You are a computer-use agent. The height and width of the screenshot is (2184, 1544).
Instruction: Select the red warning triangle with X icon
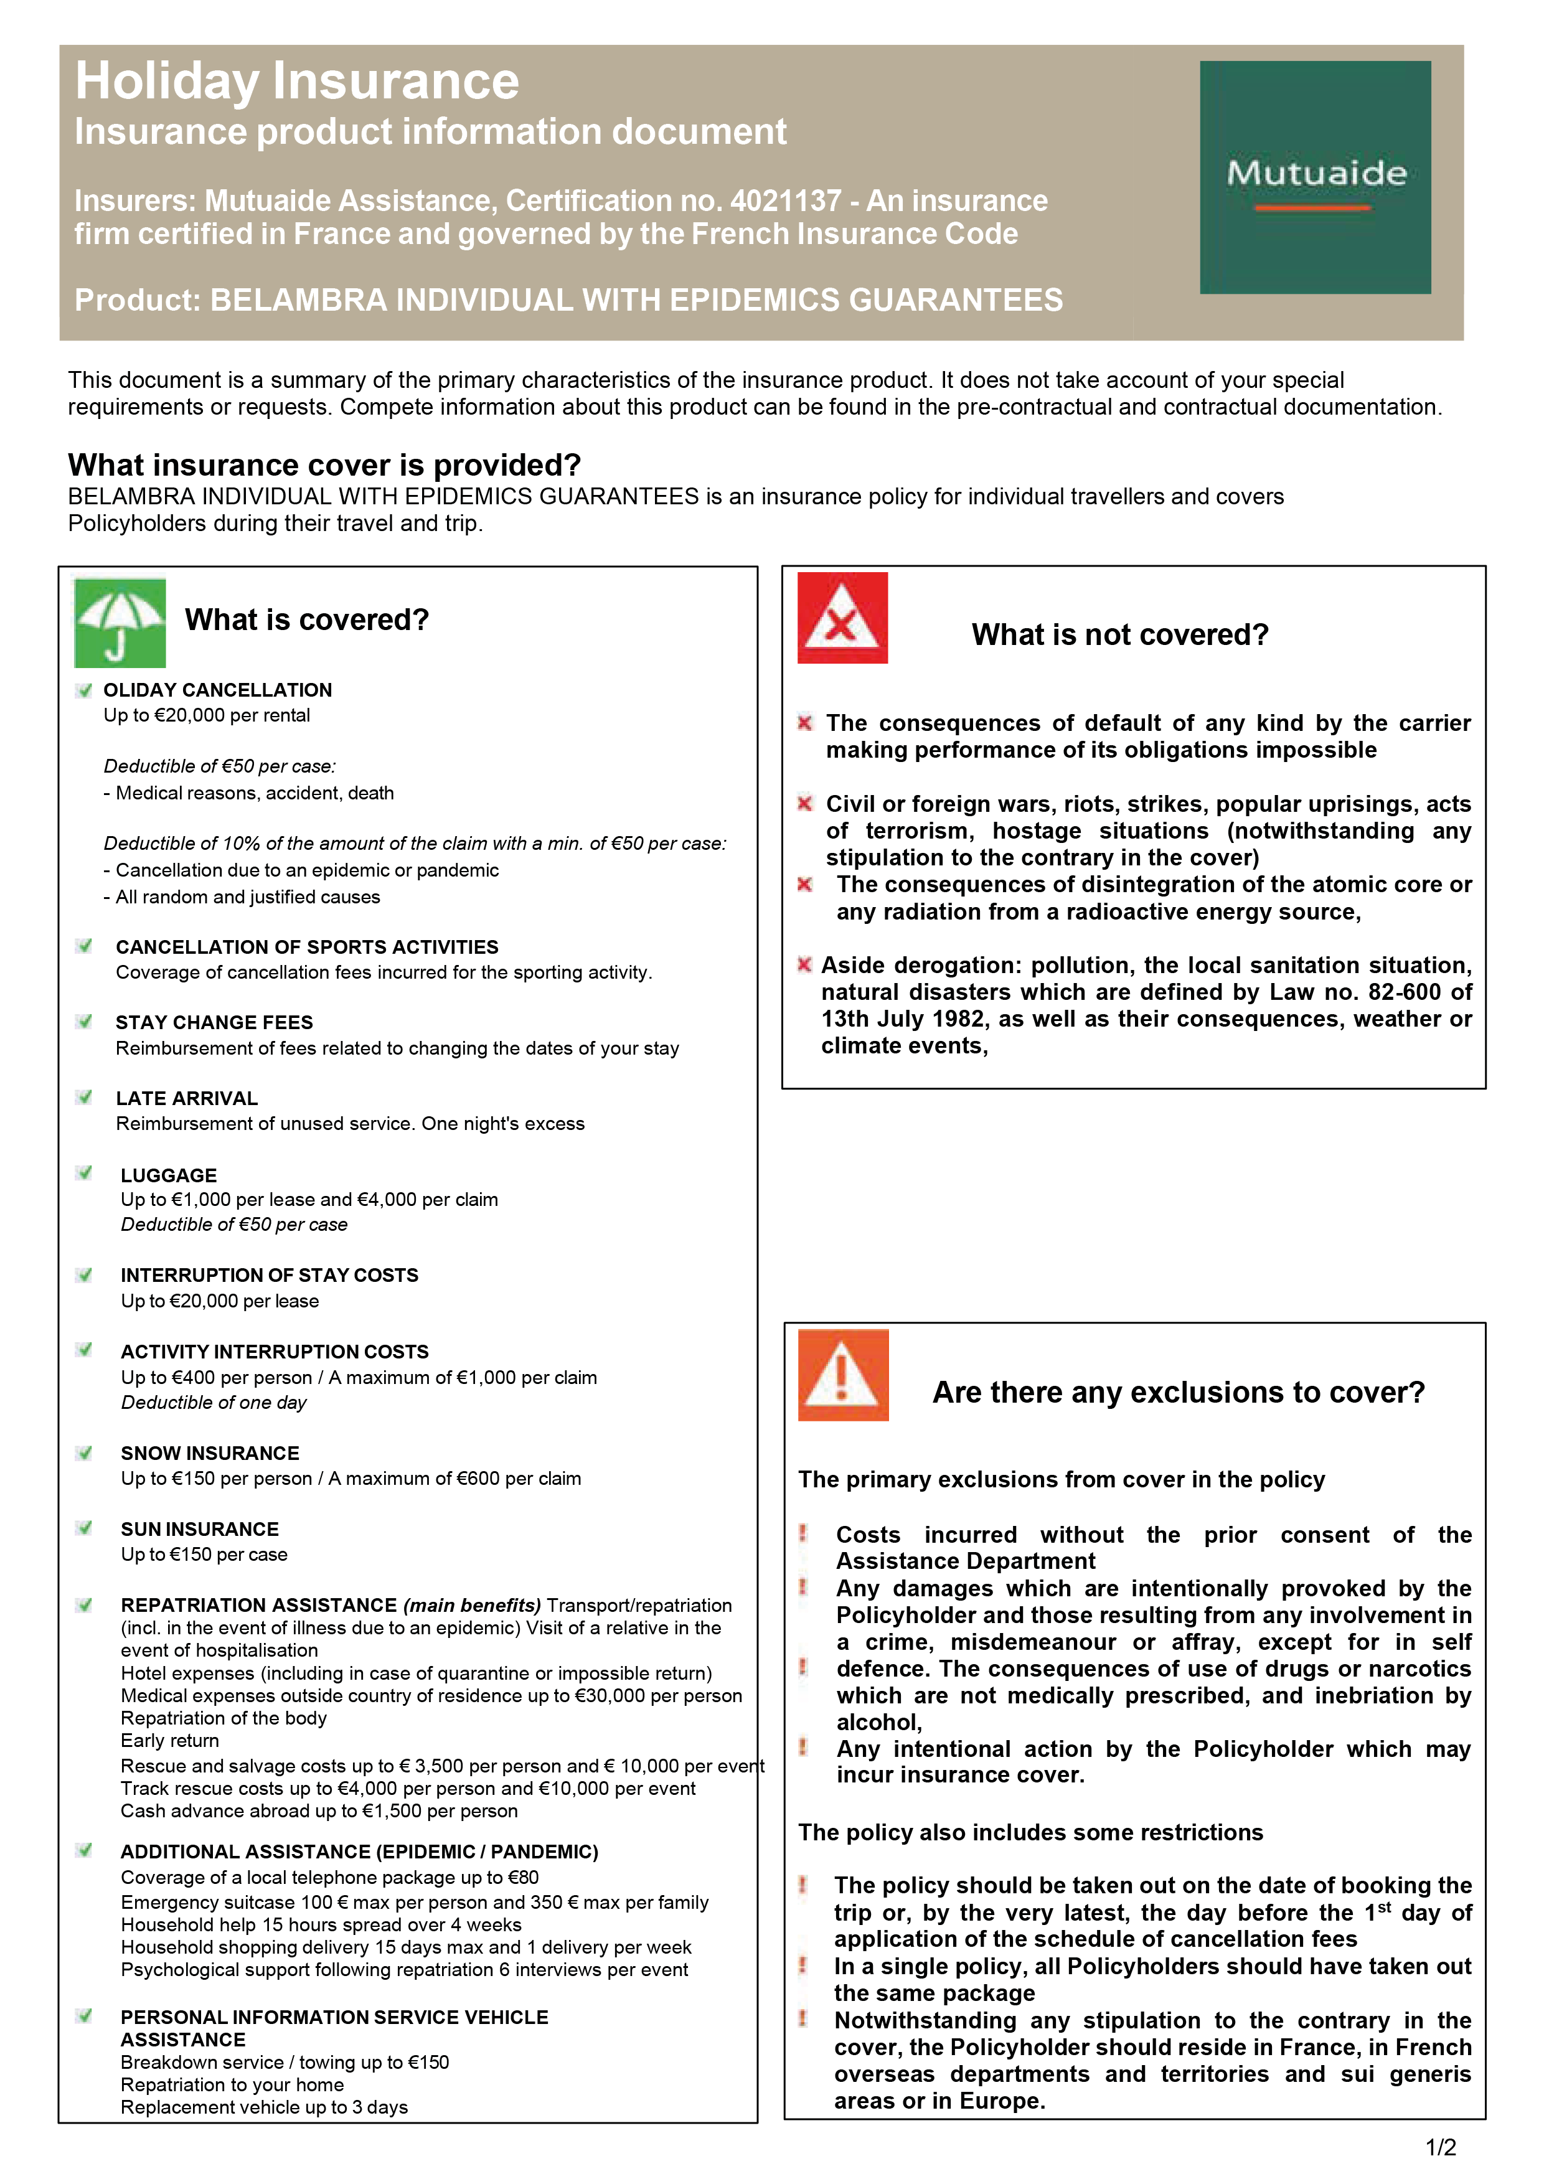(x=842, y=618)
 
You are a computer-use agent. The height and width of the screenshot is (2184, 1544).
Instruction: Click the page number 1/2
(x=1440, y=2147)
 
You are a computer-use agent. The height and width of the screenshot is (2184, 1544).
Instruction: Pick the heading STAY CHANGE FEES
(x=214, y=1022)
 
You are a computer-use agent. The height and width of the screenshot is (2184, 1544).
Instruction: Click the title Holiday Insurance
(x=297, y=81)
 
